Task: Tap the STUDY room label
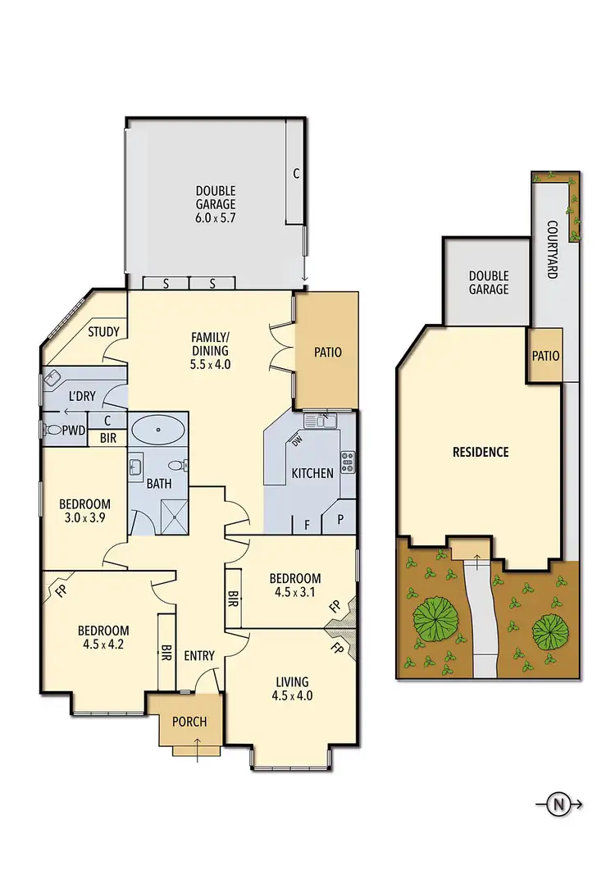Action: [104, 332]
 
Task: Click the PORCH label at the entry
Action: [189, 722]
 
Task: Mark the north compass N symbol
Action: [558, 804]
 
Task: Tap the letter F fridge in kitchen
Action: [307, 522]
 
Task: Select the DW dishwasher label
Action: [296, 443]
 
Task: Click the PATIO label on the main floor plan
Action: [327, 353]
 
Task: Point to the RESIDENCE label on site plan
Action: [481, 452]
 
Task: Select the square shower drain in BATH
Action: [174, 520]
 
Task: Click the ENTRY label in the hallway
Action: [199, 655]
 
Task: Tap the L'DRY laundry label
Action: [82, 396]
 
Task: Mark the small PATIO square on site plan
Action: [545, 356]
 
